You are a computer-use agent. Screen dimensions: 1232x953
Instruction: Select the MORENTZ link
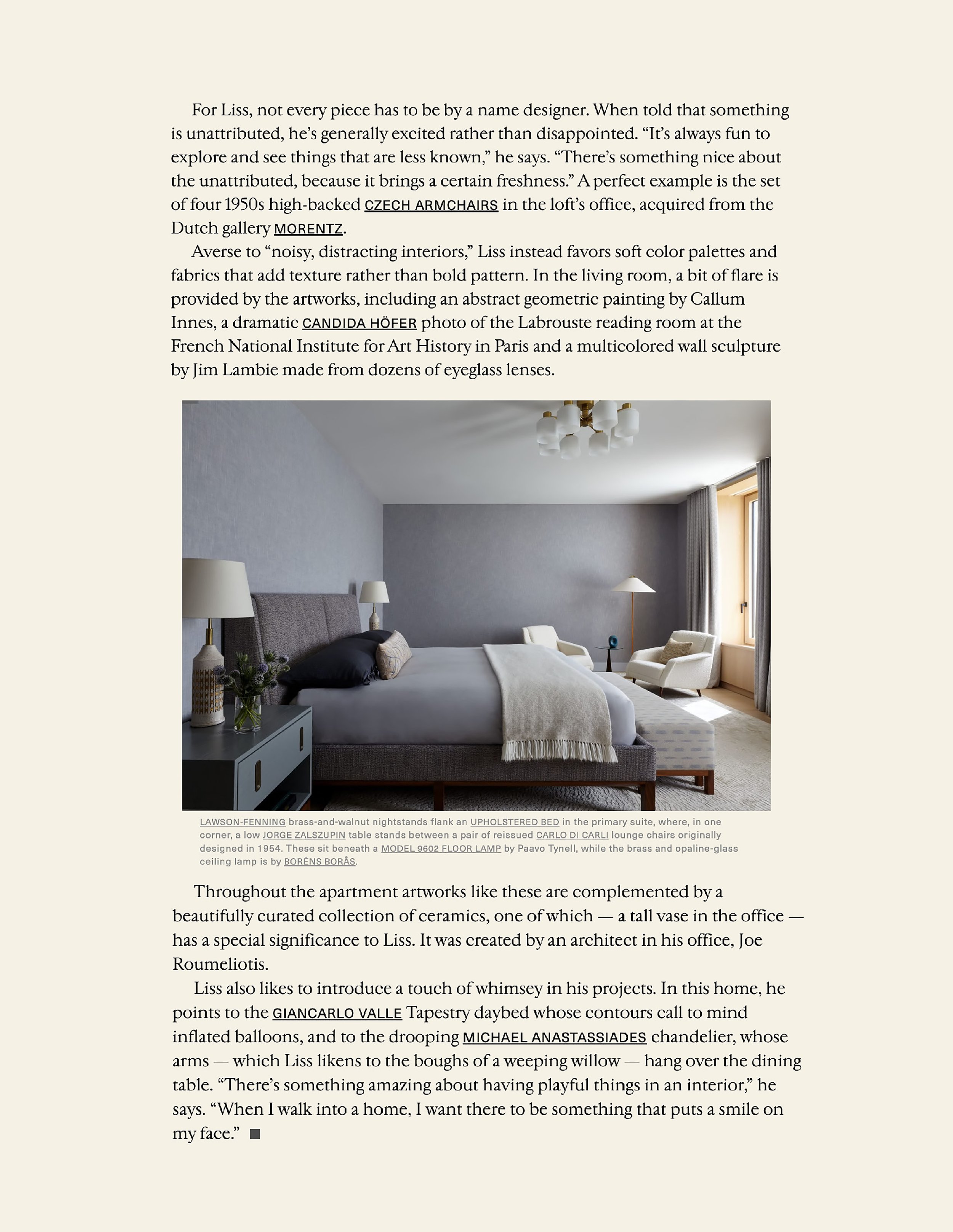click(308, 229)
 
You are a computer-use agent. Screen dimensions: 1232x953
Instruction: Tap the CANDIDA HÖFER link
click(359, 324)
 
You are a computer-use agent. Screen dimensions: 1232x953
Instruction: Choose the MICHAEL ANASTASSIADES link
click(554, 1038)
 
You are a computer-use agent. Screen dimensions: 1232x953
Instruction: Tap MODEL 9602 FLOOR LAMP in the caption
click(441, 849)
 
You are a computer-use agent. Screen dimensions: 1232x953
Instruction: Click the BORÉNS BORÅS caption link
click(319, 862)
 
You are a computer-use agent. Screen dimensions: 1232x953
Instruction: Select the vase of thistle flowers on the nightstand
click(249, 694)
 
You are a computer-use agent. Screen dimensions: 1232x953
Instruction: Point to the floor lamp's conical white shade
click(634, 585)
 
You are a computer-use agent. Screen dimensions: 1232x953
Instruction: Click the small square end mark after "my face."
click(255, 1134)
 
